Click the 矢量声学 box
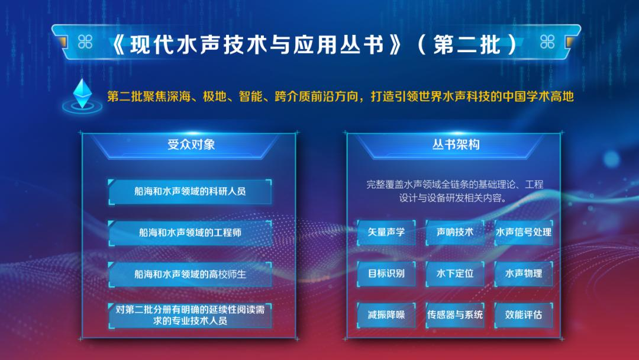(x=386, y=232)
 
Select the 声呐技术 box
(x=455, y=232)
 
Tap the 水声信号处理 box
(x=524, y=232)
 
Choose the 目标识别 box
(x=386, y=274)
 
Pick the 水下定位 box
(x=455, y=274)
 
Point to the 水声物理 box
(x=524, y=274)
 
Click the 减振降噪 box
(x=386, y=315)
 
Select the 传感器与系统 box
(x=455, y=315)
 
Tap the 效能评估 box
(x=524, y=315)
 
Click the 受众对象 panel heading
(x=191, y=144)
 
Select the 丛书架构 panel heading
(x=456, y=144)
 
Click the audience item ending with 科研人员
(x=190, y=191)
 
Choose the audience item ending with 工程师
(x=190, y=233)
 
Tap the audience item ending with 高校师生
(x=190, y=274)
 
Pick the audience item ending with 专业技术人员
(x=190, y=315)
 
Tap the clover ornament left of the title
(x=85, y=41)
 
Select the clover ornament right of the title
(x=547, y=41)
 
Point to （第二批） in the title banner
(x=467, y=44)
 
